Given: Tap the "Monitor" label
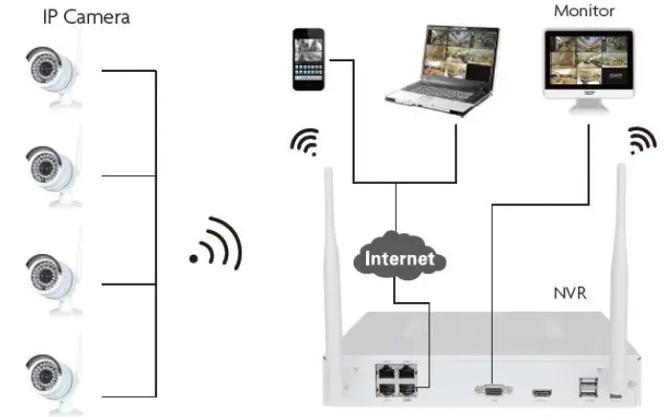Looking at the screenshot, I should (585, 11).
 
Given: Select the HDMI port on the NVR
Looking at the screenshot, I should (542, 391).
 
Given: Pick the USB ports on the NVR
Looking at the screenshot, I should (586, 385).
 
